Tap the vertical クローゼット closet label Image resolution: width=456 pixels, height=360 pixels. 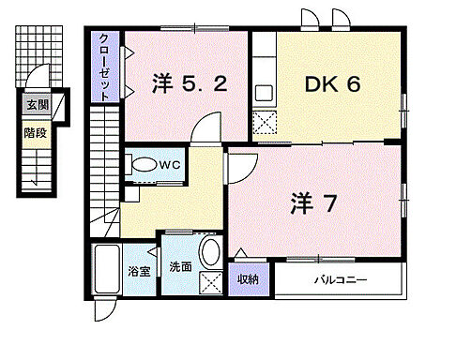point(105,67)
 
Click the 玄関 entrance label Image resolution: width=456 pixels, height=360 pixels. point(37,106)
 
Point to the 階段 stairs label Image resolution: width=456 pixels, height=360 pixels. point(37,132)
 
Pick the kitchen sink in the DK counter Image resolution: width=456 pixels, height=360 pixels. point(264,93)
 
